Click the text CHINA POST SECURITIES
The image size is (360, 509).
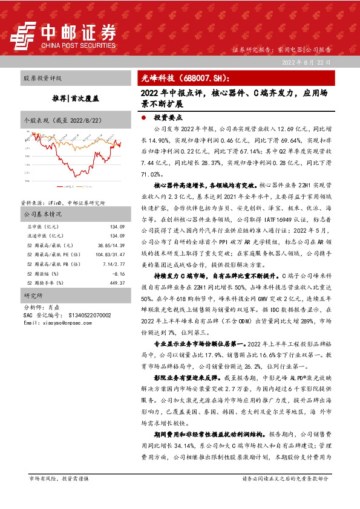77,44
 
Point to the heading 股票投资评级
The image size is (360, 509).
43,79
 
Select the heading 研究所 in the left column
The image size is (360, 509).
31,297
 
